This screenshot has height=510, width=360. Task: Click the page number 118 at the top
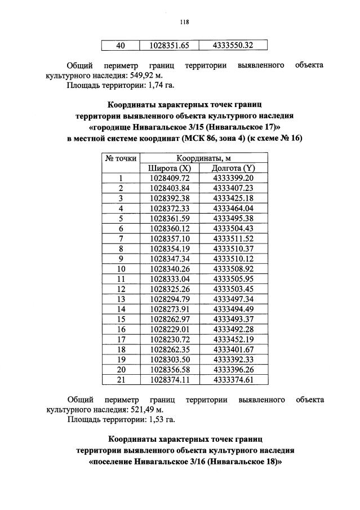(184, 22)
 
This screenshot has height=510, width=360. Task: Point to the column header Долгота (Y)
(233, 168)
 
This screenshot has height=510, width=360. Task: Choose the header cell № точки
(121, 158)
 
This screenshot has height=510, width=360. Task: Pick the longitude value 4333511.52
(233, 238)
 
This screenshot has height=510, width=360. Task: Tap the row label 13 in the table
(121, 299)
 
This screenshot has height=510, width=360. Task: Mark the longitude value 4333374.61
(233, 379)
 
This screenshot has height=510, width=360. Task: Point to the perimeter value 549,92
(136, 76)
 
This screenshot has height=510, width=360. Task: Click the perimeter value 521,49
(136, 410)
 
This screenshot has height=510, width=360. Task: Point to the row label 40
(121, 45)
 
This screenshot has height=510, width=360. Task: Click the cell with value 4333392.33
(233, 359)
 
